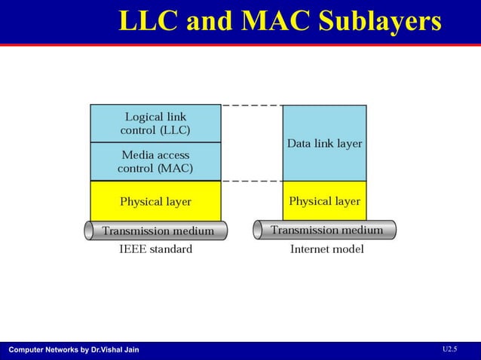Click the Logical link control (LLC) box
(155, 124)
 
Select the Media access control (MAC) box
(155, 162)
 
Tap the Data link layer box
(324, 143)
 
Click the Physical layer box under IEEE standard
(155, 201)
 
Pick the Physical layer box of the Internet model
(324, 201)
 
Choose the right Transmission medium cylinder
(326, 229)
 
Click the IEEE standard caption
(155, 249)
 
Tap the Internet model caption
(327, 249)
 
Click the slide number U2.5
(449, 349)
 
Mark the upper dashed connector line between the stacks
(252, 105)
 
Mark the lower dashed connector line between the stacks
(252, 182)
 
